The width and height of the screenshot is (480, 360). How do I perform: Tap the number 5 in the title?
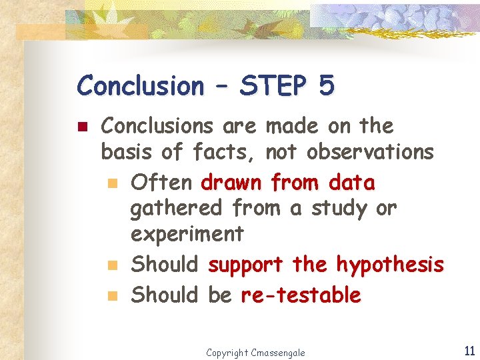(326, 86)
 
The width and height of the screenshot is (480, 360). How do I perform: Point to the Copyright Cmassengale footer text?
(255, 352)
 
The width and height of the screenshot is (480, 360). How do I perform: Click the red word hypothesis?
(389, 265)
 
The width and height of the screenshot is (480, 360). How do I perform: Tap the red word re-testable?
(301, 295)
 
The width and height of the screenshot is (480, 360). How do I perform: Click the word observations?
(370, 153)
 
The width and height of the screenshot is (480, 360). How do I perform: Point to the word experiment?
(187, 235)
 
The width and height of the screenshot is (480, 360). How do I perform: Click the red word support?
(246, 266)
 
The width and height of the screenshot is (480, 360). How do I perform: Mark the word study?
(339, 208)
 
